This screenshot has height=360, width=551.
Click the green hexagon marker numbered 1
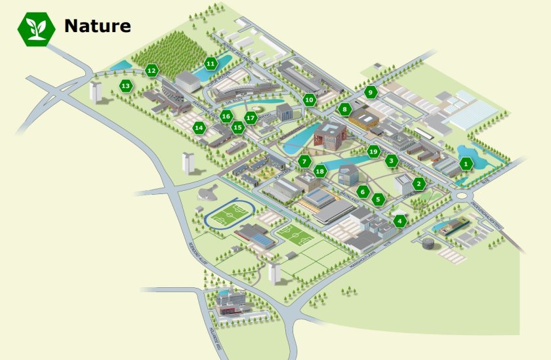(x=466, y=163)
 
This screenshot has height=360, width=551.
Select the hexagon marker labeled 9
(x=371, y=92)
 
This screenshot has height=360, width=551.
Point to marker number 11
(x=211, y=64)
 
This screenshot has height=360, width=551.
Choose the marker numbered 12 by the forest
(x=152, y=70)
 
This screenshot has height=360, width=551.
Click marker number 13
(x=125, y=86)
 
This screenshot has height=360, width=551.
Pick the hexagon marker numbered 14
(x=199, y=128)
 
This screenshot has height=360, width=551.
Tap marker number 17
(x=250, y=118)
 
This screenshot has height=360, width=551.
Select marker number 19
(x=373, y=151)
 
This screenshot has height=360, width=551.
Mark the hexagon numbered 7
(x=304, y=161)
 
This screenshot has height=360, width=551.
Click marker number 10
(x=310, y=100)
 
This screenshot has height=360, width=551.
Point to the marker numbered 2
(x=418, y=184)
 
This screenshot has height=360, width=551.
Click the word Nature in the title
(x=97, y=26)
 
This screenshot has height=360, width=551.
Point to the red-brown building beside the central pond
(x=329, y=136)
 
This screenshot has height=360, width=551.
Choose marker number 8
(x=344, y=110)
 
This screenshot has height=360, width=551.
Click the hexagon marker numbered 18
(x=319, y=172)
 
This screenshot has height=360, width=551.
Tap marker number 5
(x=377, y=199)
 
